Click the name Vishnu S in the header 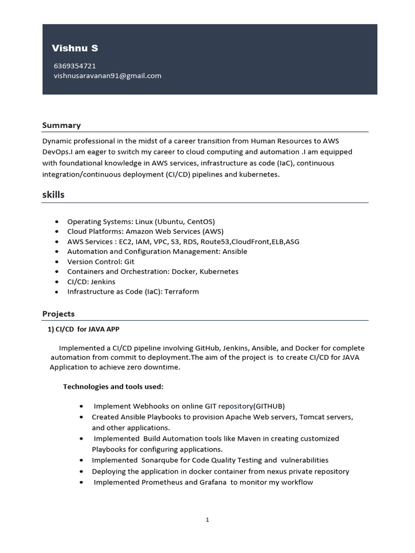pos(75,49)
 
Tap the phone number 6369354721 pos(75,66)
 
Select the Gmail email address pos(108,76)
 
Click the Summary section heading pos(62,125)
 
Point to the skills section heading pos(53,194)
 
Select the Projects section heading pos(58,314)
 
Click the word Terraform pos(180,292)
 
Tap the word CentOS pos(200,221)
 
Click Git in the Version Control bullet pos(129,261)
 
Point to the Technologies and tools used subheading pos(113,387)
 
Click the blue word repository pos(236,406)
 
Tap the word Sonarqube pos(162,460)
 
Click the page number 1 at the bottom pos(207,520)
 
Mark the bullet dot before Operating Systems pos(57,222)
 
